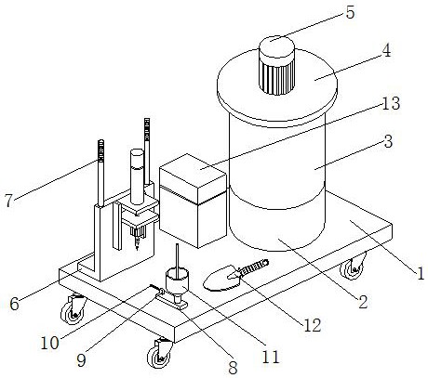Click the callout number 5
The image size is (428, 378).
(x=350, y=13)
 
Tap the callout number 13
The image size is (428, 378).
(x=391, y=103)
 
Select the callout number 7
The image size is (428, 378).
(x=9, y=200)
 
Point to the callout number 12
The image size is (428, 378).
(x=312, y=325)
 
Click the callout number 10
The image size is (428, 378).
(x=49, y=343)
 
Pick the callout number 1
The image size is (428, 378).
(x=421, y=274)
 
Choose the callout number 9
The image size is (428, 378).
(x=81, y=360)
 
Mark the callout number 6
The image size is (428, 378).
(x=14, y=304)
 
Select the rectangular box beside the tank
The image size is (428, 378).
(x=193, y=201)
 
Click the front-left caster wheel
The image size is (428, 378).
(x=73, y=309)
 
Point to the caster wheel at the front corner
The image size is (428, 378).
(x=160, y=353)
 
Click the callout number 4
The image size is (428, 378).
(x=386, y=51)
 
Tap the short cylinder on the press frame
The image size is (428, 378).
(x=137, y=176)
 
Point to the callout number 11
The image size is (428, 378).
(x=271, y=357)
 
